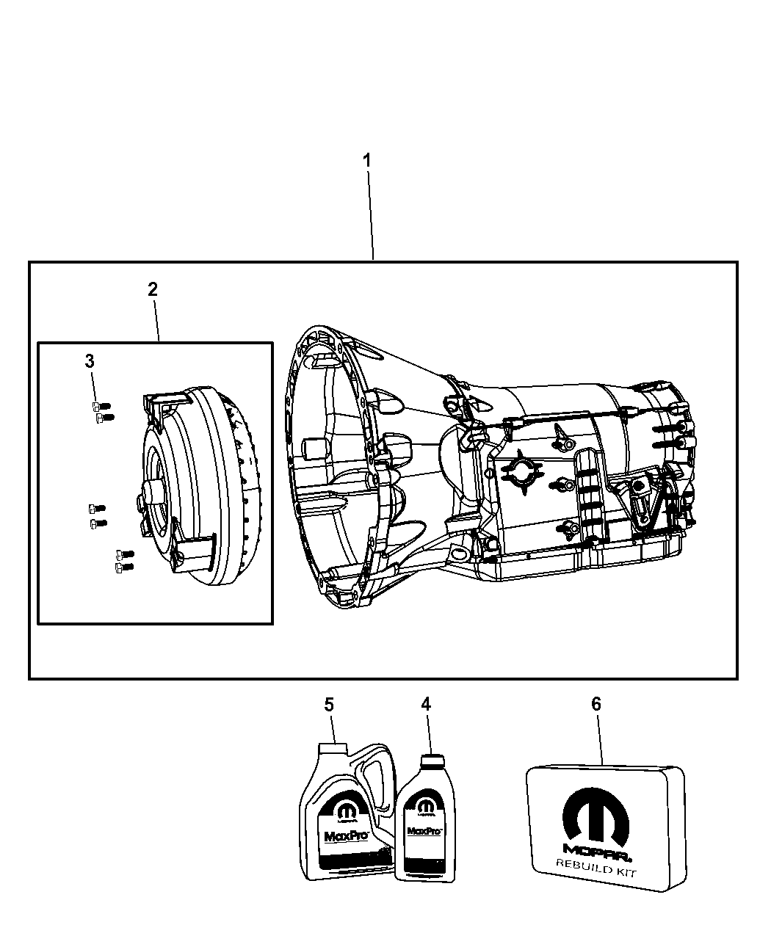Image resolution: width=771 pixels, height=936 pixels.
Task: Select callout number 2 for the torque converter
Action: pyautogui.click(x=152, y=289)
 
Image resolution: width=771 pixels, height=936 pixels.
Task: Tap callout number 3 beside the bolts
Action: pyautogui.click(x=90, y=360)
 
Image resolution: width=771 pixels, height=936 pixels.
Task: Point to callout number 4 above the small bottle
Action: pyautogui.click(x=426, y=704)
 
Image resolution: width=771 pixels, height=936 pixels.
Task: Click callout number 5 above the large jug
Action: pyautogui.click(x=329, y=704)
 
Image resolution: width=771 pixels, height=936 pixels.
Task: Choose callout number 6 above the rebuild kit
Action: pyautogui.click(x=596, y=704)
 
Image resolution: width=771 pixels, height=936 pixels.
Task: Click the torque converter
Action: pyautogui.click(x=198, y=485)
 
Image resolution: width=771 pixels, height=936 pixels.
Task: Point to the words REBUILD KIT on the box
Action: pyautogui.click(x=596, y=872)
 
